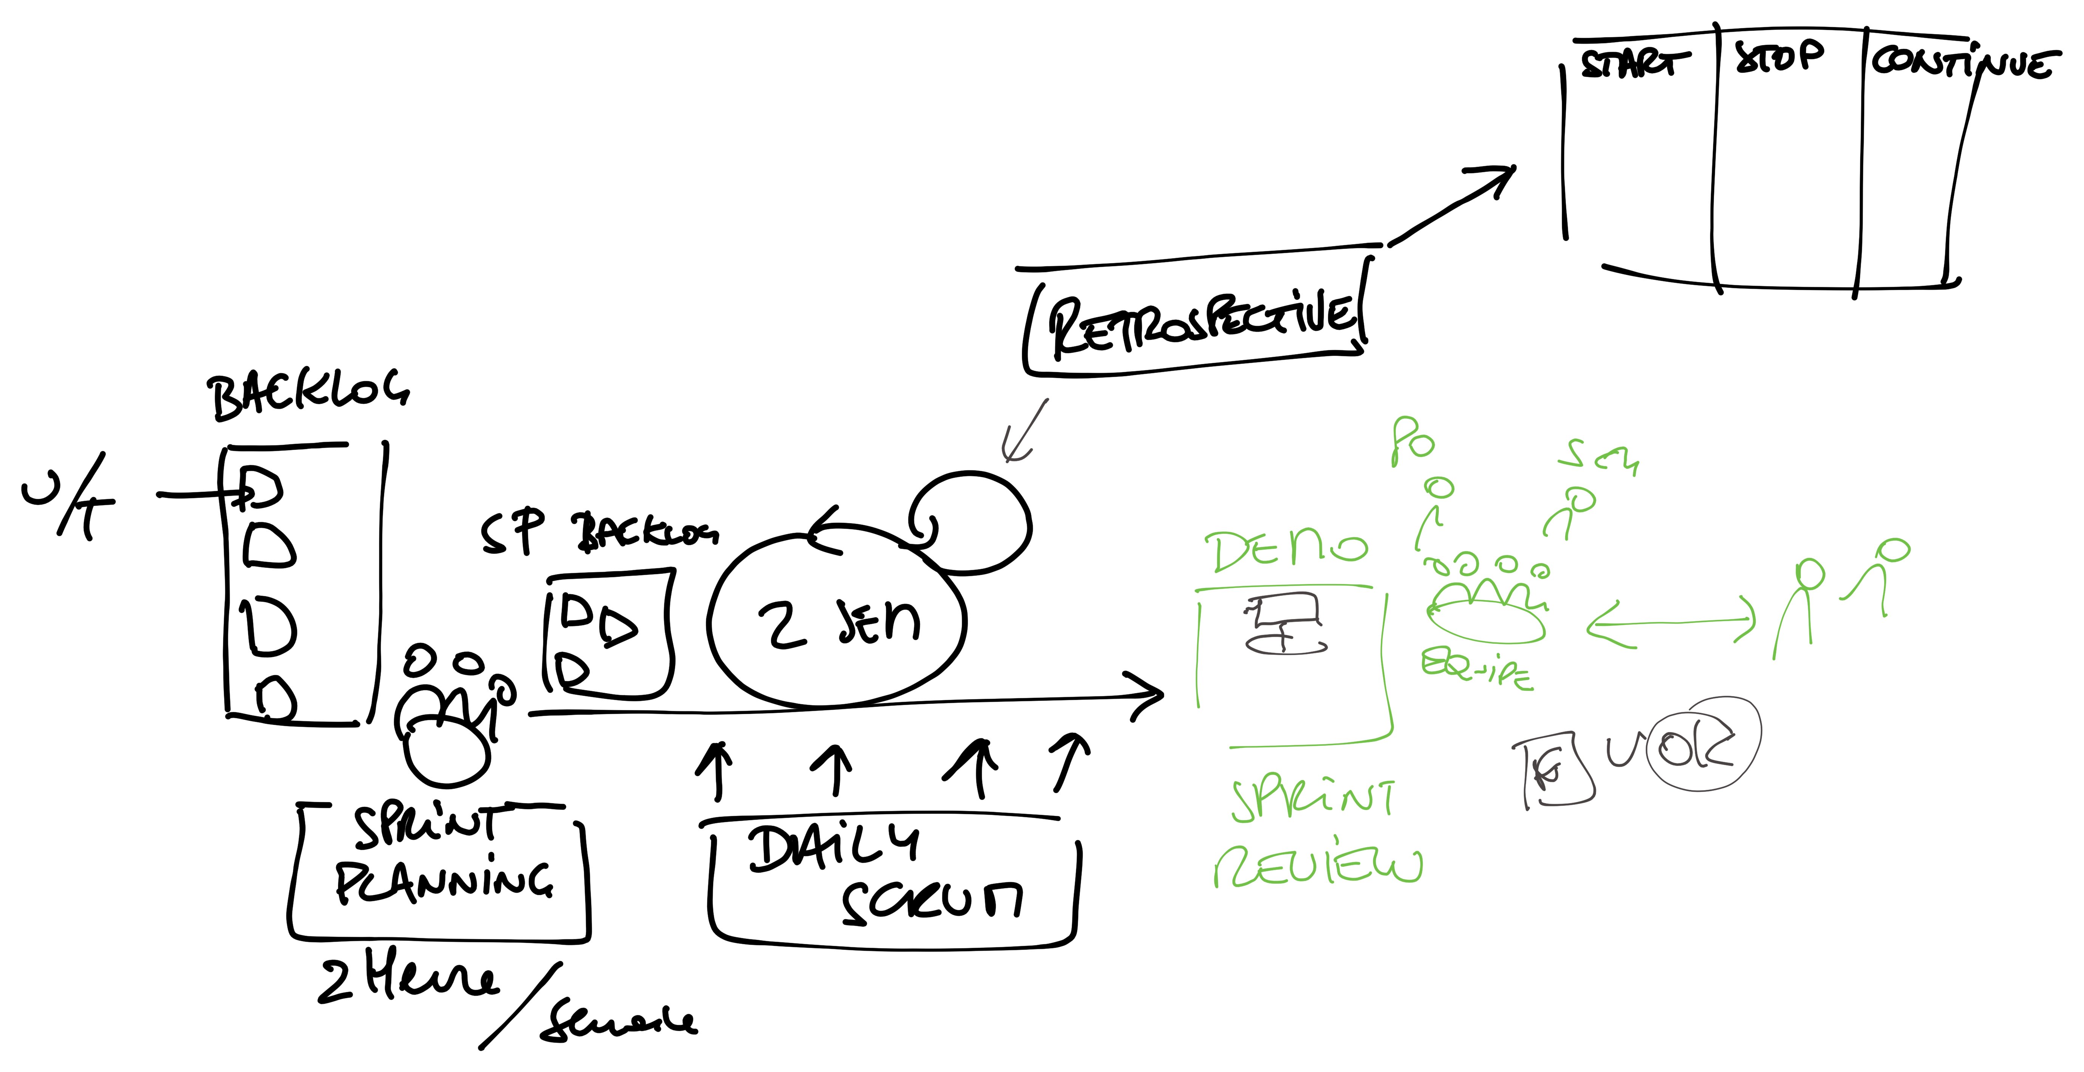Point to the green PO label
coord(1412,441)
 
